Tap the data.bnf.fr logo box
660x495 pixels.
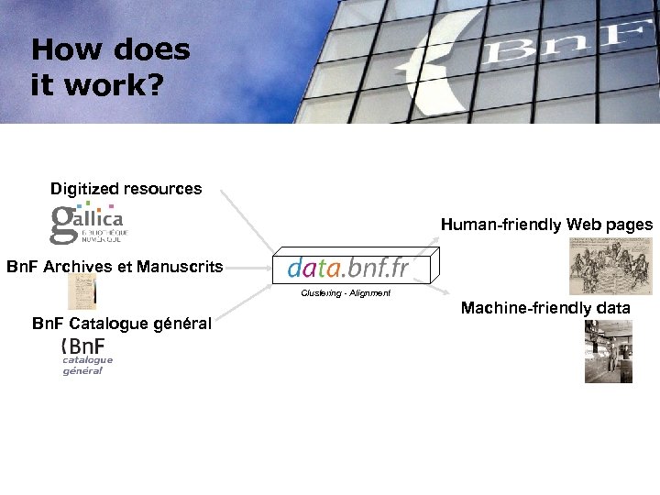pos(347,268)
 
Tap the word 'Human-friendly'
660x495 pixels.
pos(501,225)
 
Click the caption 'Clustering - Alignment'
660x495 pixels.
pos(346,293)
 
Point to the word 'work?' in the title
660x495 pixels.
pos(115,85)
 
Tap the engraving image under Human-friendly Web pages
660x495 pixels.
pos(604,266)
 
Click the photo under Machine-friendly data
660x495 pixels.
pos(609,350)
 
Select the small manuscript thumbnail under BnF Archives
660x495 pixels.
pos(82,291)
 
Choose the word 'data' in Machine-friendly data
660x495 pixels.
pos(612,309)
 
